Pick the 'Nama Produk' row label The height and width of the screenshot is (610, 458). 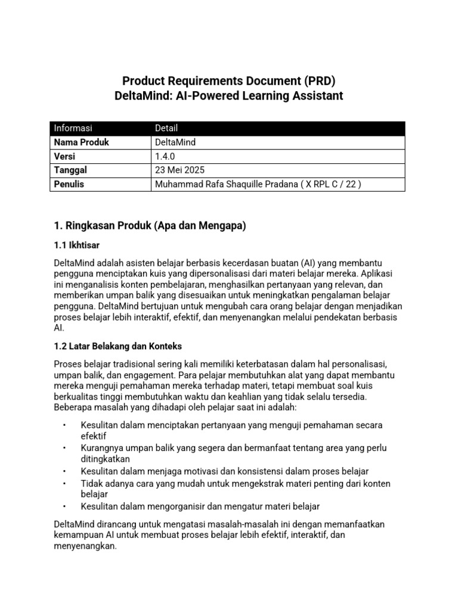[82, 142]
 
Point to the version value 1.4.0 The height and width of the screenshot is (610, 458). [165, 156]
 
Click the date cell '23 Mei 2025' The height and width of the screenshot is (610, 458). [178, 170]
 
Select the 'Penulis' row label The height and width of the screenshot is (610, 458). [69, 184]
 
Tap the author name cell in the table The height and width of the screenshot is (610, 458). [258, 184]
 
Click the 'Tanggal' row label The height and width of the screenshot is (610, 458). [70, 170]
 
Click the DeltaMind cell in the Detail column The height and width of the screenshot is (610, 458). [175, 142]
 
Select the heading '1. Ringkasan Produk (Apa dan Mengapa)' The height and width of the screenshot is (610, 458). [150, 226]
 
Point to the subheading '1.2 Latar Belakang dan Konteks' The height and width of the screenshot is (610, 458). [117, 346]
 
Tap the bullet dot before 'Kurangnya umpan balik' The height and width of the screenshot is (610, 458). [63, 448]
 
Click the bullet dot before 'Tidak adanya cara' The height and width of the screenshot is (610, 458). [63, 484]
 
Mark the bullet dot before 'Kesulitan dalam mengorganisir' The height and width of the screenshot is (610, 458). [63, 506]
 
